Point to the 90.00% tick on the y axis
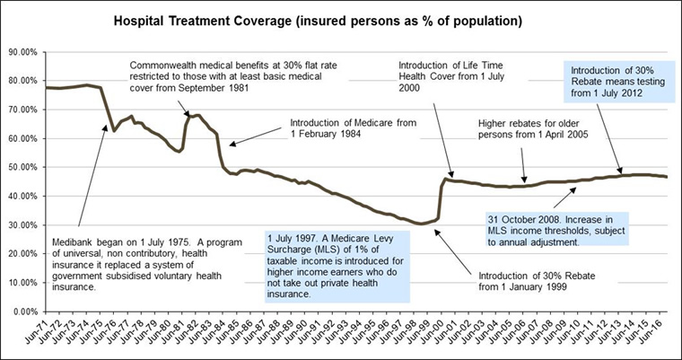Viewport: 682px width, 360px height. (22, 52)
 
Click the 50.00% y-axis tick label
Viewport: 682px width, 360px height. (22, 167)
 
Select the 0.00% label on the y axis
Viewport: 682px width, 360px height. (24, 311)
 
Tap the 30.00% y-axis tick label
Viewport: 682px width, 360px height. (22, 224)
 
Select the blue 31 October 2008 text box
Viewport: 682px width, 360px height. (551, 228)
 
